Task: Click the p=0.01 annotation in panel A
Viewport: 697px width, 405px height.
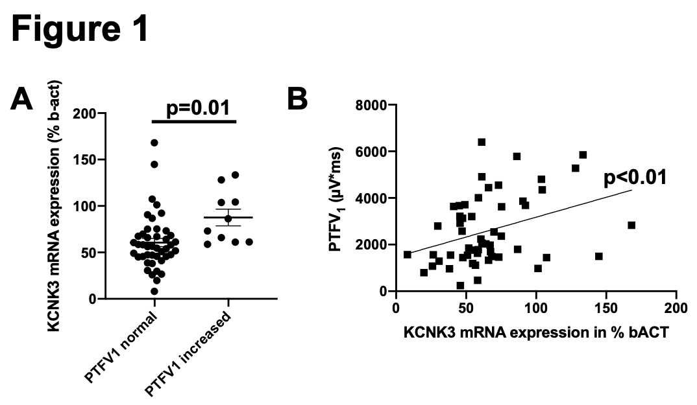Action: click(x=195, y=108)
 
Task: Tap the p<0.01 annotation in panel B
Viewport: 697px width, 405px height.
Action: click(x=635, y=177)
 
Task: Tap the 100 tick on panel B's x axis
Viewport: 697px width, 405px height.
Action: click(x=536, y=305)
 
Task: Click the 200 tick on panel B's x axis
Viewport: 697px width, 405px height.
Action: click(x=676, y=305)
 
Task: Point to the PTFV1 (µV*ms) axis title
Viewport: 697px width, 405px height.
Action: click(x=340, y=198)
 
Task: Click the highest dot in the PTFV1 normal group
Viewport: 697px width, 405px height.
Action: click(x=154, y=143)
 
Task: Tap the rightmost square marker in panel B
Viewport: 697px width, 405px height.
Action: click(x=631, y=226)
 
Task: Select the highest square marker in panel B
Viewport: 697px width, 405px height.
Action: click(x=482, y=142)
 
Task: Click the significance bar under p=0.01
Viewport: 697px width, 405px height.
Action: click(x=195, y=121)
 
